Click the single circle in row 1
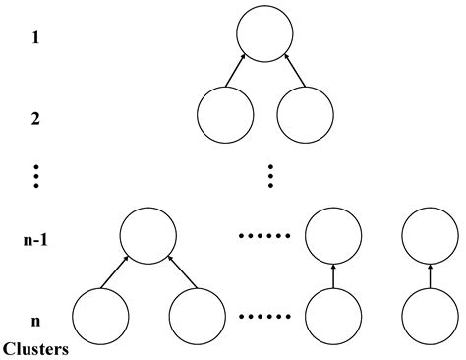click(x=265, y=35)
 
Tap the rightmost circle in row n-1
click(x=431, y=237)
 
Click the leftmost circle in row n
click(x=100, y=317)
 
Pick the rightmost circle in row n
click(x=431, y=317)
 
